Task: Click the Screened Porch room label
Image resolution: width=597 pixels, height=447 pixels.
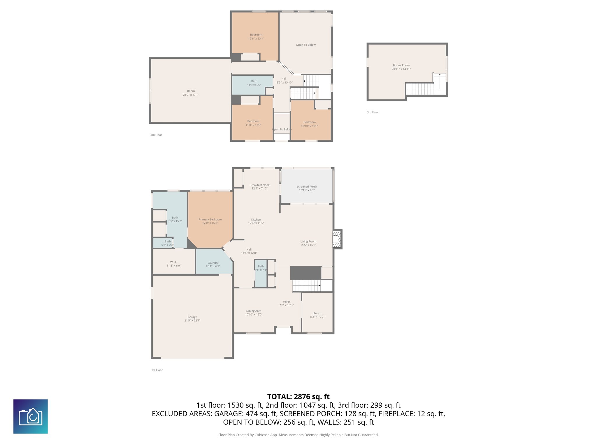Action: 307,187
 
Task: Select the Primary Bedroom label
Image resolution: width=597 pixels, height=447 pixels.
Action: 210,219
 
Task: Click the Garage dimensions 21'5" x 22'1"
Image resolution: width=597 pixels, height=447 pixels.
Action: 192,320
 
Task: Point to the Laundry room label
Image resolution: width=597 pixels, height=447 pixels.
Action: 213,263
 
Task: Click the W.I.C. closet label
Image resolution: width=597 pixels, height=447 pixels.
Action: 174,262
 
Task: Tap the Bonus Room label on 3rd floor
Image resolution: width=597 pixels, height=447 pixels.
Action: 401,65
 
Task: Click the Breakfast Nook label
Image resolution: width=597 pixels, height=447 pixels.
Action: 259,185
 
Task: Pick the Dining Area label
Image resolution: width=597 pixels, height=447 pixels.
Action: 254,311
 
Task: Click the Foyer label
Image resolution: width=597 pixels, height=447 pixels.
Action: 286,302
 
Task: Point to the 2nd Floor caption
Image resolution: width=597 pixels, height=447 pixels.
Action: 156,135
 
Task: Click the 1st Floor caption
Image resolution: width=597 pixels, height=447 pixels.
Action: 157,370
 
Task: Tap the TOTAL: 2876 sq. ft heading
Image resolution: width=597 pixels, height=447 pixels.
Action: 298,397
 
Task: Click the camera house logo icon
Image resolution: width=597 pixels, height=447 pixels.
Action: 31,416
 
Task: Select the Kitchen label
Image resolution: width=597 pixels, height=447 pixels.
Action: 256,220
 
